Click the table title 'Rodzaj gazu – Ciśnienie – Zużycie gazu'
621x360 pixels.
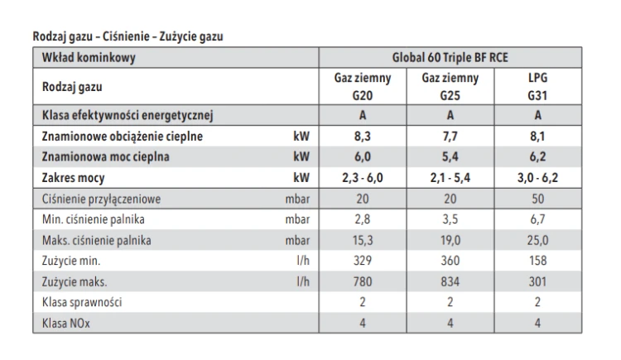pos(128,36)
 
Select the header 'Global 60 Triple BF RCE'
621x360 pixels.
pos(450,57)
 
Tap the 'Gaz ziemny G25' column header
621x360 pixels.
pos(450,86)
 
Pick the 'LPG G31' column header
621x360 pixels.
pos(537,86)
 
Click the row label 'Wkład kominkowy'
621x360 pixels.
pos(89,58)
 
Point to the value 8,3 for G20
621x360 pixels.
pos(363,137)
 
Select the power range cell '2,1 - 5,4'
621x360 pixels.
pos(450,178)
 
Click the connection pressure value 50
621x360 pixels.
pos(537,199)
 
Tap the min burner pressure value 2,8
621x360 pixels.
pos(363,219)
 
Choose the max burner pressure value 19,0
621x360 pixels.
pos(450,240)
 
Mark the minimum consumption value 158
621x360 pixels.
pos(537,261)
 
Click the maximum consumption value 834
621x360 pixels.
pos(450,281)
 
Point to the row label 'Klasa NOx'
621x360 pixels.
pos(66,323)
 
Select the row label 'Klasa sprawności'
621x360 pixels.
pos(82,303)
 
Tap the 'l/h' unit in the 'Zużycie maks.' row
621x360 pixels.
pos(303,281)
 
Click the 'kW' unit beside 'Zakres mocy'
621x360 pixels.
pos(301,178)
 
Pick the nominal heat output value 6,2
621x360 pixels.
pos(537,157)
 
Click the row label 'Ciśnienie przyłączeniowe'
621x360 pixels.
pos(101,199)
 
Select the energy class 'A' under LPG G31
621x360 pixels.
pos(537,115)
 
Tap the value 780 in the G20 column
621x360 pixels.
pos(363,281)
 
